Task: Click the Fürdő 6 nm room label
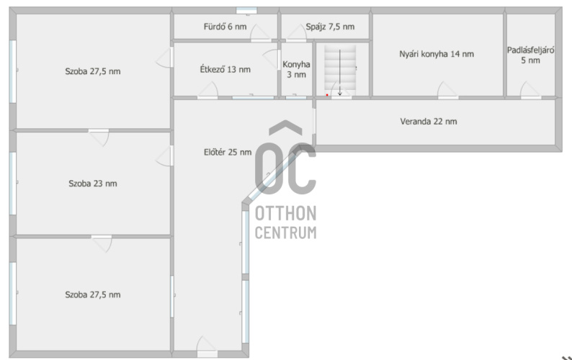225,27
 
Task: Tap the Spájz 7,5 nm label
330,27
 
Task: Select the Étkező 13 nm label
225,69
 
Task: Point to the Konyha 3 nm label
296,69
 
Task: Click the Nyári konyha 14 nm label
437,54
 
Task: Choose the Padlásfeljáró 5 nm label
530,55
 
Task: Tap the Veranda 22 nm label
429,122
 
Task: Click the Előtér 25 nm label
228,152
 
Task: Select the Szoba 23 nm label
93,184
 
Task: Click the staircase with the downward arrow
340,69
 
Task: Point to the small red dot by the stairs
327,95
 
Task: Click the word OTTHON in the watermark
285,213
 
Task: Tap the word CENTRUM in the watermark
285,233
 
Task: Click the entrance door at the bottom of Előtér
207,346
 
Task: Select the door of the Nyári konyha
448,91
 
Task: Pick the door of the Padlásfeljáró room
531,91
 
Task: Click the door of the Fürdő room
261,33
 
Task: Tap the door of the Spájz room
296,33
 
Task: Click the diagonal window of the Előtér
277,175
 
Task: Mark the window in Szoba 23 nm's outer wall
13,184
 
